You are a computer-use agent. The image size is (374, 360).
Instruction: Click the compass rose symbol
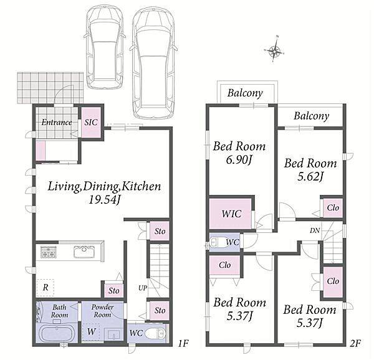click(274, 50)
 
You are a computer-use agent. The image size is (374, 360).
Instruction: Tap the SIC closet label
click(91, 122)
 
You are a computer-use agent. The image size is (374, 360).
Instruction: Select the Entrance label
click(57, 123)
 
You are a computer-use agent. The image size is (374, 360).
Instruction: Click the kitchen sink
click(84, 252)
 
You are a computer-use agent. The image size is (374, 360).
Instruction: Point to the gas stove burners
click(49, 252)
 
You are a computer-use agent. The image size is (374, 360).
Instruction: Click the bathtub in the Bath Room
click(57, 334)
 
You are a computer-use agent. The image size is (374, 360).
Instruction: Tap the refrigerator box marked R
click(46, 288)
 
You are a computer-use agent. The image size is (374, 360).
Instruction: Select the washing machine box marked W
click(92, 331)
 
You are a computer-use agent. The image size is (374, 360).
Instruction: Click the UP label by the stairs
click(143, 288)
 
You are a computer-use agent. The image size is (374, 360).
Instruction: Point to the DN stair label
click(315, 230)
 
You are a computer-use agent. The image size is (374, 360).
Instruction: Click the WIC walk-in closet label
click(231, 214)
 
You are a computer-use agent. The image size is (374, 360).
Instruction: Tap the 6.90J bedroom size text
click(239, 160)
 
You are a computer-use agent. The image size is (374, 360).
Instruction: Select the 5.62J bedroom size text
click(310, 176)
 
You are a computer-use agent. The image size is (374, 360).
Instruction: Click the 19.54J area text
click(104, 199)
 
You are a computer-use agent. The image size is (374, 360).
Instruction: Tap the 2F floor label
click(356, 344)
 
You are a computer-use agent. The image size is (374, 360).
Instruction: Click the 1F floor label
click(183, 344)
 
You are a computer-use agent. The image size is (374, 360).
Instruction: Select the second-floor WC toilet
click(217, 242)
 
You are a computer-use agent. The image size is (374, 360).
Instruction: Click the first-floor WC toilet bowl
click(155, 333)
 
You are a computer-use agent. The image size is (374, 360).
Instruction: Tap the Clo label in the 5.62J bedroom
click(333, 207)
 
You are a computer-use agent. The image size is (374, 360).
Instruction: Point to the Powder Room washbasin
click(114, 334)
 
